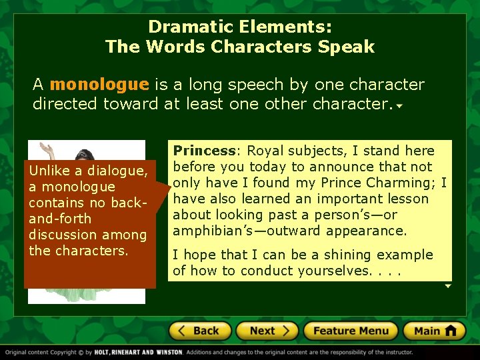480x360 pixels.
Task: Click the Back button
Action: tap(200, 331)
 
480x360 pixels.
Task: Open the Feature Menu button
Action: tap(351, 331)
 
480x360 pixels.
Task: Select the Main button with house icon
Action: tap(435, 331)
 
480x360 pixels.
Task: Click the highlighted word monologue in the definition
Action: tap(99, 85)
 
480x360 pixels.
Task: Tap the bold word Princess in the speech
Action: tap(204, 151)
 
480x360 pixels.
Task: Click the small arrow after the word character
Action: tap(398, 106)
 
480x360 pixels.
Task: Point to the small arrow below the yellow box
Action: tap(448, 285)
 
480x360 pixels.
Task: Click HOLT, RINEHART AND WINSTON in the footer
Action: tap(139, 353)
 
